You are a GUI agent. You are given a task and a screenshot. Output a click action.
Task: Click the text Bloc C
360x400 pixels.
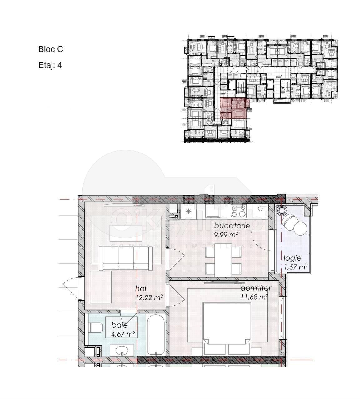(x=51, y=49)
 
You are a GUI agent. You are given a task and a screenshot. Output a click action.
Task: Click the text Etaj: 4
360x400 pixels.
(x=50, y=65)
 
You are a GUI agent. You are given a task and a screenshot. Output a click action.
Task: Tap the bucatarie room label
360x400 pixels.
(x=232, y=226)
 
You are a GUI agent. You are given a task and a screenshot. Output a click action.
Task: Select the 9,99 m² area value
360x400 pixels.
(x=226, y=234)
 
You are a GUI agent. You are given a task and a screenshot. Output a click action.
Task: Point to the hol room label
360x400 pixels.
(x=141, y=288)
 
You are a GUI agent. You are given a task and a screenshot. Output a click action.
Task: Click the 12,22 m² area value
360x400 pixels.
(x=149, y=297)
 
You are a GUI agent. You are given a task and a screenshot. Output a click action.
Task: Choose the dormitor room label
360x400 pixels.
(x=256, y=288)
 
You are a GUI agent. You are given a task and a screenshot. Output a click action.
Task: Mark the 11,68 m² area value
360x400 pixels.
(x=254, y=297)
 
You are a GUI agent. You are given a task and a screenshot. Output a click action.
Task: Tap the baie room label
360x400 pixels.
(x=119, y=325)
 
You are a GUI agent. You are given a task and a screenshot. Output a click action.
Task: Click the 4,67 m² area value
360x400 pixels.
(x=123, y=334)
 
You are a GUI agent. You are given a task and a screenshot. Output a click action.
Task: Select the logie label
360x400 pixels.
(x=292, y=258)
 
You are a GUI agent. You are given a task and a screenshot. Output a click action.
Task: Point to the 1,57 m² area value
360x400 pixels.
(x=295, y=267)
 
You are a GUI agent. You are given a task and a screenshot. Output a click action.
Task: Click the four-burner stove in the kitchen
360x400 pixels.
(x=238, y=212)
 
